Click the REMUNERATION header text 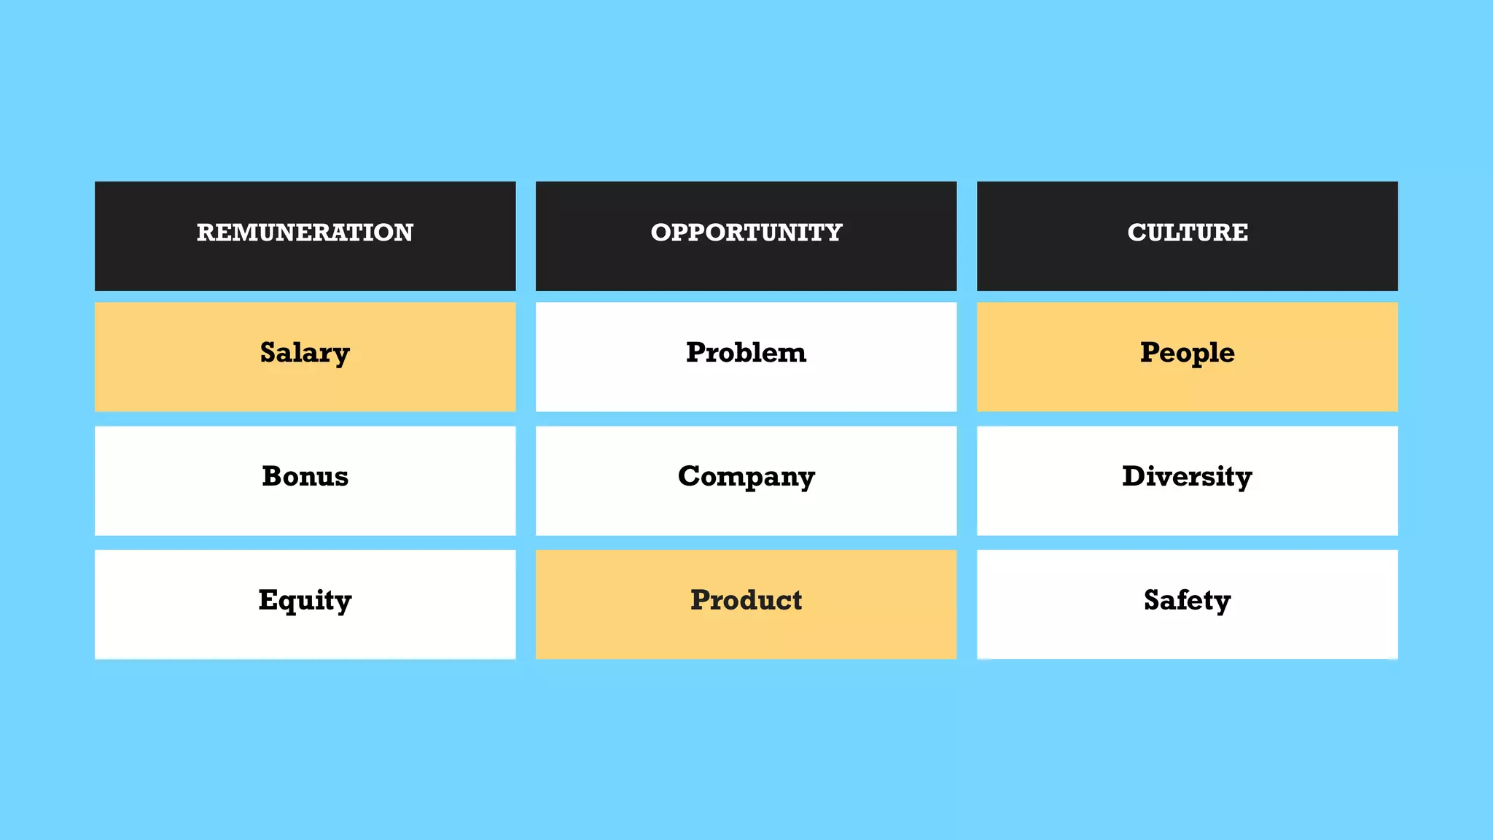point(305,233)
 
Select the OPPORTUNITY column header point(746,233)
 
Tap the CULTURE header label point(1188,233)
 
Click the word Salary point(305,353)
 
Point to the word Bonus point(305,476)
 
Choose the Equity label point(305,601)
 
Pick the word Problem point(746,353)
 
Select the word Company point(746,477)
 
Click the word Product point(746,600)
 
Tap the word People point(1188,353)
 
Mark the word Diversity point(1187,477)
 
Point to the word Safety point(1187,601)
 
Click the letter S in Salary point(269,352)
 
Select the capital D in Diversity point(1135,476)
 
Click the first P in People point(1151,352)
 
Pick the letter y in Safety point(1222,604)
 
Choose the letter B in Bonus point(273,476)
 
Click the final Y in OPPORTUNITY point(833,233)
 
